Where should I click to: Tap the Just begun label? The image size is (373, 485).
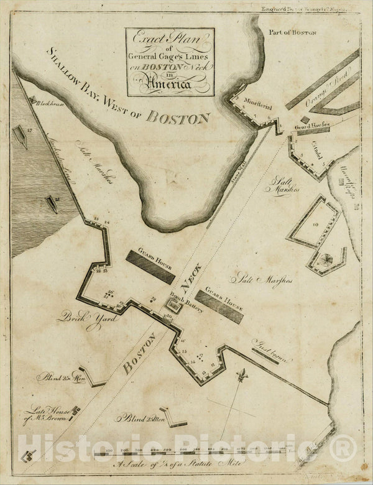pos(267,342)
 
